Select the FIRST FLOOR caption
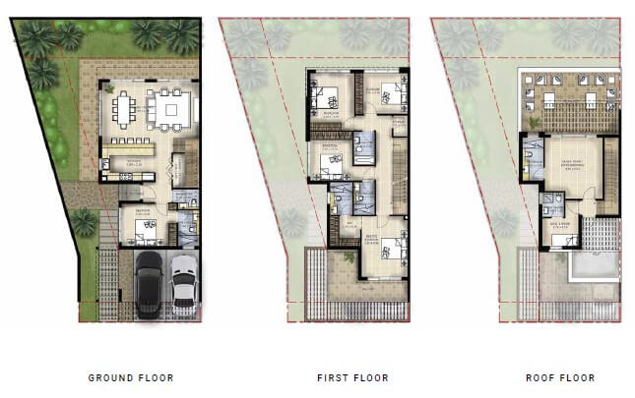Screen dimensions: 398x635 pos(352,377)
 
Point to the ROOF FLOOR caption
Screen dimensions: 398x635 pos(561,377)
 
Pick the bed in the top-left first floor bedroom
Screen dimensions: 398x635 pos(326,98)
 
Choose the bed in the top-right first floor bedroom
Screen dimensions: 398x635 pos(388,96)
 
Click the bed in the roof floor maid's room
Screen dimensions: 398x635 pos(562,239)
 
